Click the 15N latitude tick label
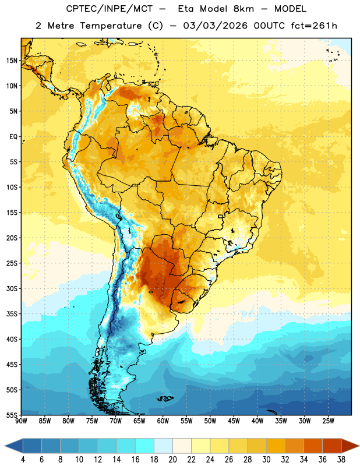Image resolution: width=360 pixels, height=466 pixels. tap(12, 61)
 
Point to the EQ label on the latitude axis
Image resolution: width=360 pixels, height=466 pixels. tap(13, 137)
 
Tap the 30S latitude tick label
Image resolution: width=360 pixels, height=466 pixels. tap(12, 288)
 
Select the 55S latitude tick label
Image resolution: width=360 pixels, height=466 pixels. tap(12, 415)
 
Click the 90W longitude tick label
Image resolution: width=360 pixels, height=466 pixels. tap(21, 421)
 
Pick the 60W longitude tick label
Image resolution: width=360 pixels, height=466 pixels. tap(163, 421)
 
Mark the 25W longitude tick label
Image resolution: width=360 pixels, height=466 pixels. tap(328, 421)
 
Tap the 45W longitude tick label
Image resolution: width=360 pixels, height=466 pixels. tap(234, 421)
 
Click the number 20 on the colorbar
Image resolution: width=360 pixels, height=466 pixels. tap(172, 460)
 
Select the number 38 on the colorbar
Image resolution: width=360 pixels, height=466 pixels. tap(341, 460)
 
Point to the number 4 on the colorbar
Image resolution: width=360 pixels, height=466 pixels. tap(23, 460)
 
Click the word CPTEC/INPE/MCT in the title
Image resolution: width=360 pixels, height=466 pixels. tap(110, 9)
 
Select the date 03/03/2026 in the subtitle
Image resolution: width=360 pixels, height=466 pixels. tap(215, 26)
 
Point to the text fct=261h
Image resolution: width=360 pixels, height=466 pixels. tap(314, 26)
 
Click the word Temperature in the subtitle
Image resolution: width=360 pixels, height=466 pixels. tap(111, 26)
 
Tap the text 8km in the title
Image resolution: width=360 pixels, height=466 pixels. tap(243, 9)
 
